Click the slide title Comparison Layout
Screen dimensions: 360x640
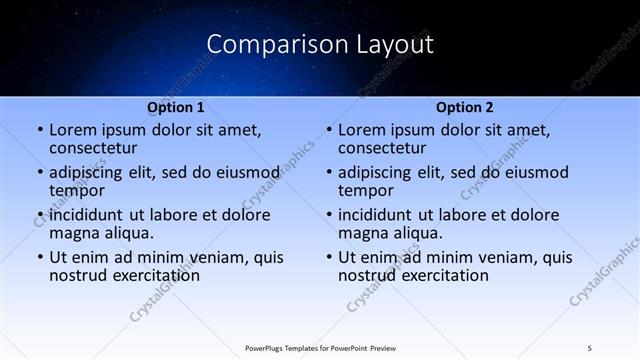320,45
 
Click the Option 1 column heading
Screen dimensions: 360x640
176,107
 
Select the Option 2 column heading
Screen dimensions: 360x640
465,107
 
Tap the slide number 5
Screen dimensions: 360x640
590,347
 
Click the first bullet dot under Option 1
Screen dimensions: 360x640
39,131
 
